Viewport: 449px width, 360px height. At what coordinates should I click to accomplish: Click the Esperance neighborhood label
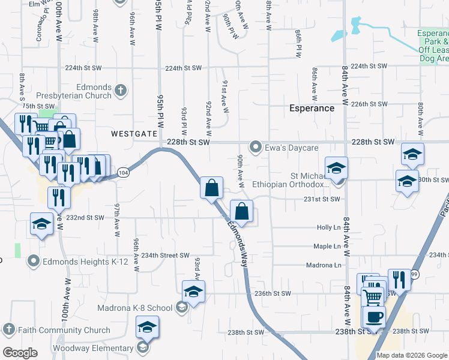click(x=312, y=109)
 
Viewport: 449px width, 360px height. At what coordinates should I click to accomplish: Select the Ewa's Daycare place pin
click(x=256, y=147)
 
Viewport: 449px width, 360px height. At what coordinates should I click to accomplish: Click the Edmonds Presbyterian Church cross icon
click(x=121, y=91)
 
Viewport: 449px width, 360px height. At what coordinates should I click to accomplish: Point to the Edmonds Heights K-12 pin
click(x=33, y=261)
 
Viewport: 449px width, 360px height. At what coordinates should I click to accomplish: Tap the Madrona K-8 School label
click(x=134, y=308)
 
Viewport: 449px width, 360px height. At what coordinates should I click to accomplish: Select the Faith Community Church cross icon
click(x=9, y=329)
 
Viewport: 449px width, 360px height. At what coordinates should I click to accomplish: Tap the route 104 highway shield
click(x=122, y=172)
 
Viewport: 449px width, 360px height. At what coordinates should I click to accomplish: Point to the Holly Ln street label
click(x=328, y=227)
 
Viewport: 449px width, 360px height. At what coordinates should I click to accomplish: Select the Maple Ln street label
click(x=327, y=246)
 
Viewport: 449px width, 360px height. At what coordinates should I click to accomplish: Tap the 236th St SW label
click(x=273, y=293)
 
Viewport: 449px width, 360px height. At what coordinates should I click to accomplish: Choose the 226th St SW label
click(x=369, y=104)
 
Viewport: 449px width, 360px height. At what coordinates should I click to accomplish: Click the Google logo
click(x=20, y=353)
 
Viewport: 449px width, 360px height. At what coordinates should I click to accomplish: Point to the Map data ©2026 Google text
click(x=412, y=355)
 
